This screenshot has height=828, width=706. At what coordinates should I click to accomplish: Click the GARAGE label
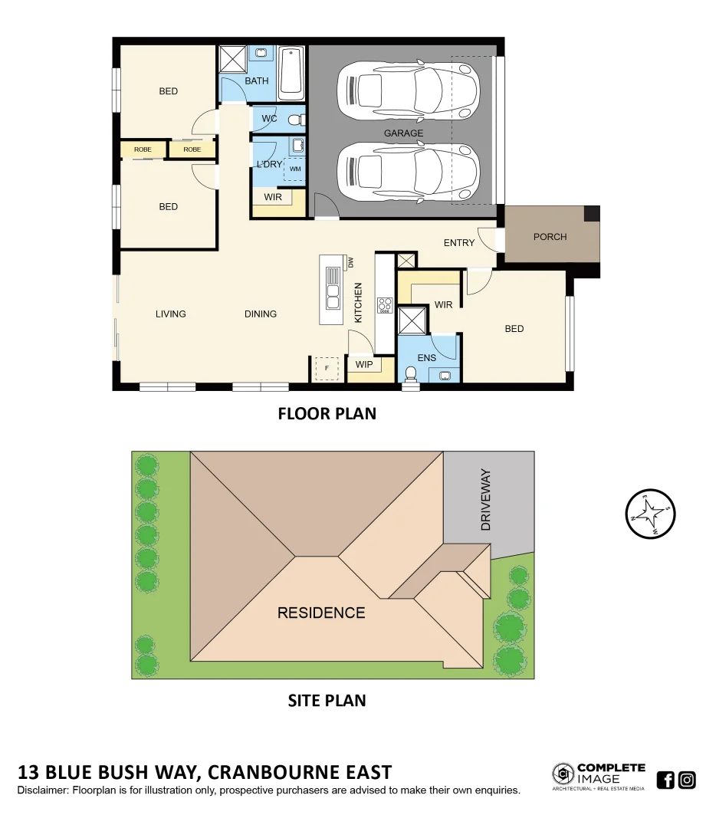coord(403,133)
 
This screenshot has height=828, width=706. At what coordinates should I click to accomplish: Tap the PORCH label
coord(550,237)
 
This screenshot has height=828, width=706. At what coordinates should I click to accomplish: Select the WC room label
coord(269,119)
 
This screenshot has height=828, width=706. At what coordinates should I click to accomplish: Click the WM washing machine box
coord(295,169)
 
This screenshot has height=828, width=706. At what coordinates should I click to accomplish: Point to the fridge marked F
coord(327,369)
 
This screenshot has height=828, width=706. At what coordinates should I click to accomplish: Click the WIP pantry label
coord(364,365)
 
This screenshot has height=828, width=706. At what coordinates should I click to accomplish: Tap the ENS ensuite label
coord(427,358)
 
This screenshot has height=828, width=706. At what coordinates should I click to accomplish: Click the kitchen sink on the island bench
coord(333,287)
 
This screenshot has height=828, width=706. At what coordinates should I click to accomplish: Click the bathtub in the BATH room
coord(291,74)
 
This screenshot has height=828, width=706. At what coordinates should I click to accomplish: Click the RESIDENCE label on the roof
coord(320,613)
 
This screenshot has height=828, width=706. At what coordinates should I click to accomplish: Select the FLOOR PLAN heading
coord(327,414)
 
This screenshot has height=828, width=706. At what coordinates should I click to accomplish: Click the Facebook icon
coord(665,780)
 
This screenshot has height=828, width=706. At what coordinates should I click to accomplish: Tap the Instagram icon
coord(688,780)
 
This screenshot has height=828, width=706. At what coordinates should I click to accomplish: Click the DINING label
coord(261,314)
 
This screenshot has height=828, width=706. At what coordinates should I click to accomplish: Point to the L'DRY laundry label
coord(269,165)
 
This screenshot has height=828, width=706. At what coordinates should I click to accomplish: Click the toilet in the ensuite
coord(411,374)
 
